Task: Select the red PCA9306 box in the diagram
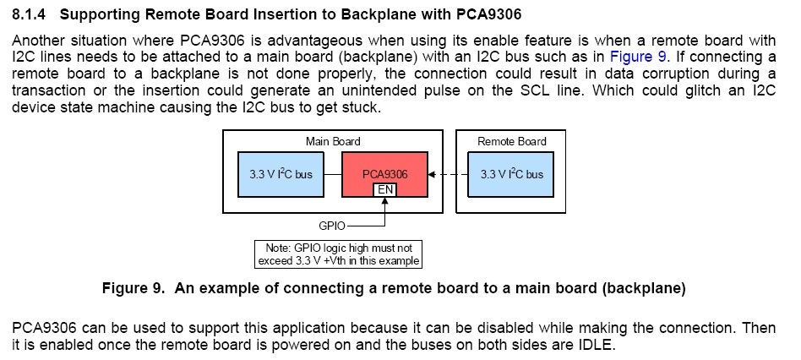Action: pos(384,170)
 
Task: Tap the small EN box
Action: pos(384,189)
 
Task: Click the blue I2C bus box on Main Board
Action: pos(281,174)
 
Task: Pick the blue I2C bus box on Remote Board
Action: pos(512,174)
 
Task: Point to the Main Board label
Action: pos(333,141)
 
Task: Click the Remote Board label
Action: pos(512,141)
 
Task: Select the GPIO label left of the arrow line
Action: pos(330,226)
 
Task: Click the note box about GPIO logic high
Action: pos(338,254)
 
